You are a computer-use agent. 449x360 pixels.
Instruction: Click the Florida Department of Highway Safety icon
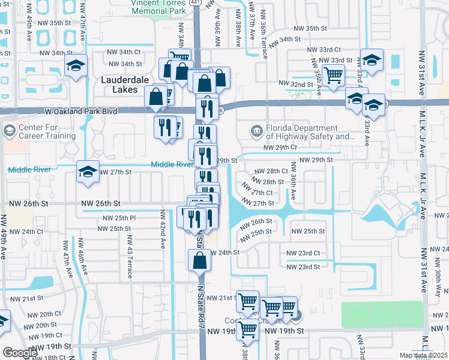pos(256,131)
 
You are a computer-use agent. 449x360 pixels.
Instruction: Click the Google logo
pos(20,353)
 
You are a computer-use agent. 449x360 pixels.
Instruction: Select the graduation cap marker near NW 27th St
pos(88,173)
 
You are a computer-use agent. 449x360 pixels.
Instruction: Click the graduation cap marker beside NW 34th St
pos(76,65)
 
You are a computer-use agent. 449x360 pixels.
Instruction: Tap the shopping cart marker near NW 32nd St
pos(333,76)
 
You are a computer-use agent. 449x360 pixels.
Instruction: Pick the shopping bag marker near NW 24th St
pos(200,261)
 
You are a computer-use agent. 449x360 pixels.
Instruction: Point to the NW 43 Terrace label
pos(129,256)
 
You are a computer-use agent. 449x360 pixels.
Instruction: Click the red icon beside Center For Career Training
pos(9,130)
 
